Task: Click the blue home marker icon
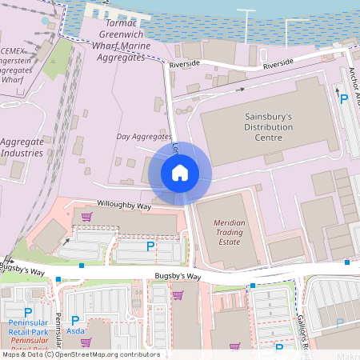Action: click(x=180, y=173)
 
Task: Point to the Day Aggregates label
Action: click(x=144, y=138)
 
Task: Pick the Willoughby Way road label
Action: click(x=124, y=206)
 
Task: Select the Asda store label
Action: click(x=75, y=330)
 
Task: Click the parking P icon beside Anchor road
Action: click(x=344, y=99)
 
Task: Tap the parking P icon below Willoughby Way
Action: click(x=150, y=248)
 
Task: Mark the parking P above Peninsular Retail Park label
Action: click(x=29, y=312)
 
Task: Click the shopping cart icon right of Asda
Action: click(x=86, y=342)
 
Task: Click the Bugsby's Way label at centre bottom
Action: click(x=178, y=277)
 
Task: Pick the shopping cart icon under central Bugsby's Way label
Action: click(x=178, y=295)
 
